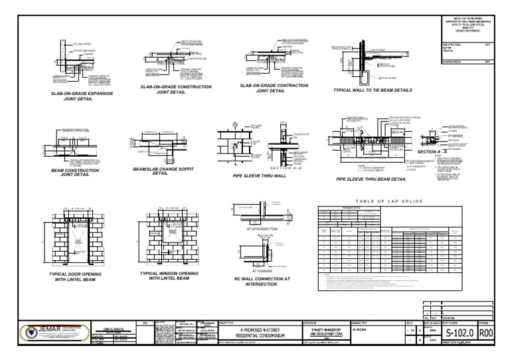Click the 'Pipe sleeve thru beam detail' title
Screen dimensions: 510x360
pyautogui.click(x=371, y=179)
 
